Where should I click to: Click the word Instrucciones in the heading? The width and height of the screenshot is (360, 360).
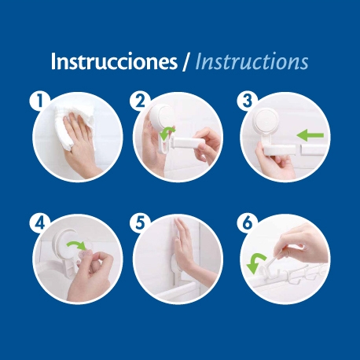[114, 61]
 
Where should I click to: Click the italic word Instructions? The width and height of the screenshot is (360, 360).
[252, 61]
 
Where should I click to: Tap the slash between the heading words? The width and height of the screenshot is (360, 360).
[186, 62]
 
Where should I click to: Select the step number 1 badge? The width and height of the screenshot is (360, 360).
[39, 101]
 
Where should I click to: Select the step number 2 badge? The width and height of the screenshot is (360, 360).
[140, 101]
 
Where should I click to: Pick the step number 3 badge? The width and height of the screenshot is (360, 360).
[247, 101]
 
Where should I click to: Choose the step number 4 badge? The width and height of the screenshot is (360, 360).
[39, 223]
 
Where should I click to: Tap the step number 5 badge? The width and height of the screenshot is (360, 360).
[140, 223]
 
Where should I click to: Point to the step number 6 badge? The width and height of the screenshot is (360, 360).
[247, 223]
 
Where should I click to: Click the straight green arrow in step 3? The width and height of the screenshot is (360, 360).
[310, 135]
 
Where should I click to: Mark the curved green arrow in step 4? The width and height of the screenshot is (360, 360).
[76, 245]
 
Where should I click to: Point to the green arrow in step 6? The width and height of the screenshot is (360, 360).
[255, 263]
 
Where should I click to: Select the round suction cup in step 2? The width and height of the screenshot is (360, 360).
[161, 116]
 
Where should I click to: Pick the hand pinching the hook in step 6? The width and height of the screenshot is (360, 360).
[301, 242]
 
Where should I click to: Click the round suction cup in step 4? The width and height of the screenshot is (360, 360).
[64, 242]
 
